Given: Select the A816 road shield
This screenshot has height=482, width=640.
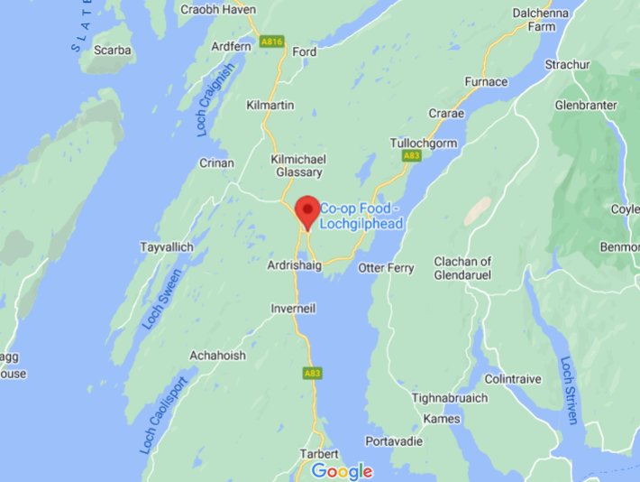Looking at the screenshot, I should tap(271, 42).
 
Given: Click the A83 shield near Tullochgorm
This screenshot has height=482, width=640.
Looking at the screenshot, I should tap(410, 156).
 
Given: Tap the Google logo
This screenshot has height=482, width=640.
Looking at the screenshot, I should tap(342, 470).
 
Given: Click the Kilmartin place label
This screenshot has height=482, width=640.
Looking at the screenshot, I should tap(270, 106).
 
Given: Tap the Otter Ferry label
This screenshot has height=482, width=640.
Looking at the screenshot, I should tap(386, 268).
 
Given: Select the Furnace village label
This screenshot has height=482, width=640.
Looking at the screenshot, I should tap(486, 82).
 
